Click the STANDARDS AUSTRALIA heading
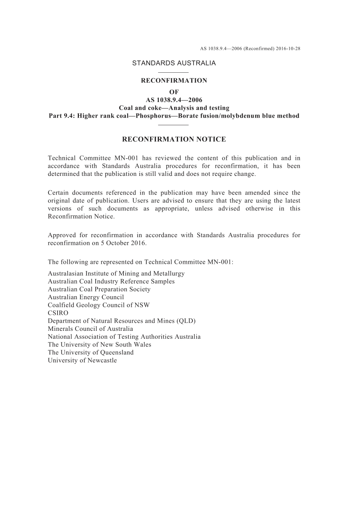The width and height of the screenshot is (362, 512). [x=174, y=63]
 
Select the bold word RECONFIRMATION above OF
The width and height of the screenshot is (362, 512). [x=174, y=81]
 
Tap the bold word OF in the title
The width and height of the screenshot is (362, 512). [x=174, y=92]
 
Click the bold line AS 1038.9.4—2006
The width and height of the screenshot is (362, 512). [x=174, y=100]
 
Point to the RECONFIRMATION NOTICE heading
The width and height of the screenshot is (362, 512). [x=174, y=139]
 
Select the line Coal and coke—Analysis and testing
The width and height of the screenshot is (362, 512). [x=174, y=108]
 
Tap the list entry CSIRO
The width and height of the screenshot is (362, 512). [x=58, y=313]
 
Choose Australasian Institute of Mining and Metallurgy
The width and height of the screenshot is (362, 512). [x=116, y=273]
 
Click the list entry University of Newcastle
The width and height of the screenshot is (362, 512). [x=82, y=360]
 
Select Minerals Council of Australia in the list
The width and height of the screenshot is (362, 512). [x=90, y=329]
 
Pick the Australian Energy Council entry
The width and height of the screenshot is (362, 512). [x=86, y=297]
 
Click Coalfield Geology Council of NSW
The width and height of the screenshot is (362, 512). [x=99, y=305]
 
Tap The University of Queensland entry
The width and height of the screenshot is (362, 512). [x=91, y=352]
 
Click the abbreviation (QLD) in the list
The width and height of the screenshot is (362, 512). [x=186, y=321]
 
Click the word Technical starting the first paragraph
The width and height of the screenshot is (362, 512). [x=61, y=158]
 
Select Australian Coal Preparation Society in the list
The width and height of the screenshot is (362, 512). [x=99, y=289]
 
